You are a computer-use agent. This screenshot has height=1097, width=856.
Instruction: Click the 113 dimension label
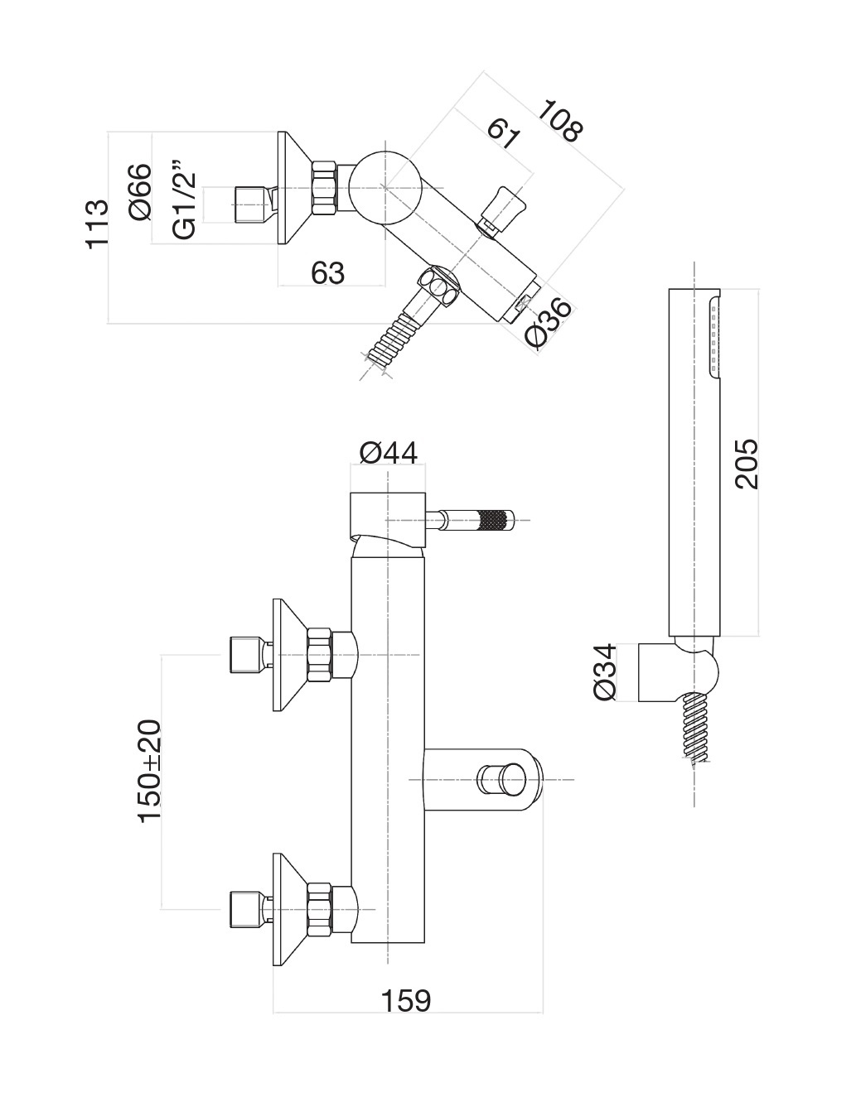tap(98, 224)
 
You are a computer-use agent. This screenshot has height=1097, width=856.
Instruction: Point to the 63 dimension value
tap(327, 272)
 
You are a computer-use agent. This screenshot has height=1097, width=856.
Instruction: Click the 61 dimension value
tap(503, 133)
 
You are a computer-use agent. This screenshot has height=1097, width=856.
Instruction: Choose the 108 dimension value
tap(561, 121)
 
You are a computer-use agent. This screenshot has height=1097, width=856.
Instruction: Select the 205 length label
tap(747, 464)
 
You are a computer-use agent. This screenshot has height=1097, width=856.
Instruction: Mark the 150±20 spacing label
tap(150, 771)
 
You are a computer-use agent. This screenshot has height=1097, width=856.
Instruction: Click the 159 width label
tap(406, 1000)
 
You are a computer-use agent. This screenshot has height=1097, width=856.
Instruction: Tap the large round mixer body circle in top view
tap(386, 188)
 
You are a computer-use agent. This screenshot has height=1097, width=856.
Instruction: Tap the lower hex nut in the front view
tap(318, 909)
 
